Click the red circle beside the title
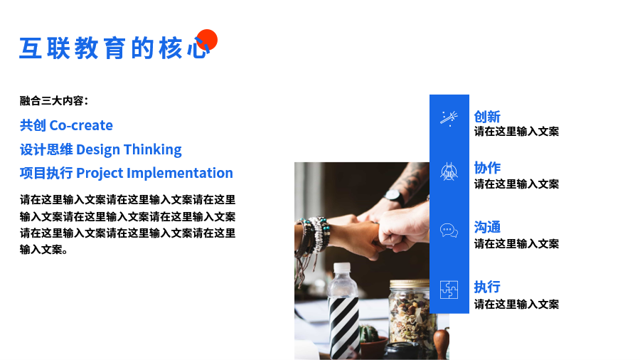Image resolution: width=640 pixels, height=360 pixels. click(x=207, y=40)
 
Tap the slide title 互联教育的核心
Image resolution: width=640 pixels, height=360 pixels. click(x=114, y=48)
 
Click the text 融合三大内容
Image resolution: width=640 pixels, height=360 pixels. click(x=52, y=100)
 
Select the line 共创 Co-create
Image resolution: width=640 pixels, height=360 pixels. click(x=66, y=125)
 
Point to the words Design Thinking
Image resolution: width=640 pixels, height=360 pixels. click(x=129, y=149)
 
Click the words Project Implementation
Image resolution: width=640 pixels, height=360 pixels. click(x=155, y=173)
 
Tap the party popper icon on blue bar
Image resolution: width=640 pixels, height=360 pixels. click(x=449, y=118)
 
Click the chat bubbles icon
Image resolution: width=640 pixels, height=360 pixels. click(x=449, y=231)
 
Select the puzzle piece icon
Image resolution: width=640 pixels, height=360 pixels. click(x=449, y=290)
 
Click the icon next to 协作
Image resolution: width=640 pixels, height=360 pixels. click(x=449, y=171)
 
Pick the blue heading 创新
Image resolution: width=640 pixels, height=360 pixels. click(x=487, y=117)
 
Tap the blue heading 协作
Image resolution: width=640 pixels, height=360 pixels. click(x=487, y=168)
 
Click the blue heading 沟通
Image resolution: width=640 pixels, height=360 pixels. click(x=487, y=227)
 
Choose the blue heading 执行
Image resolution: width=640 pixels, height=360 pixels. click(x=487, y=287)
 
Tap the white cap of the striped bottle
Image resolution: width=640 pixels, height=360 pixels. click(x=342, y=268)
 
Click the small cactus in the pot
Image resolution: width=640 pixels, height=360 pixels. click(x=369, y=333)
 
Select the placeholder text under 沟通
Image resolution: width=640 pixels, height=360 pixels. click(x=516, y=243)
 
